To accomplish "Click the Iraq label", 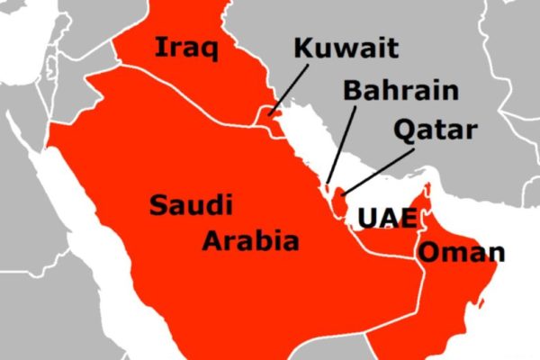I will pos(187,47).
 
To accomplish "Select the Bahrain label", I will pos(400,90).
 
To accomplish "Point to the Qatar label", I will pos(435,131).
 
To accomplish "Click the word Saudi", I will pos(191,205).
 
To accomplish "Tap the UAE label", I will pos(387,219).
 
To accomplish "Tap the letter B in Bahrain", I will pos(352,90).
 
